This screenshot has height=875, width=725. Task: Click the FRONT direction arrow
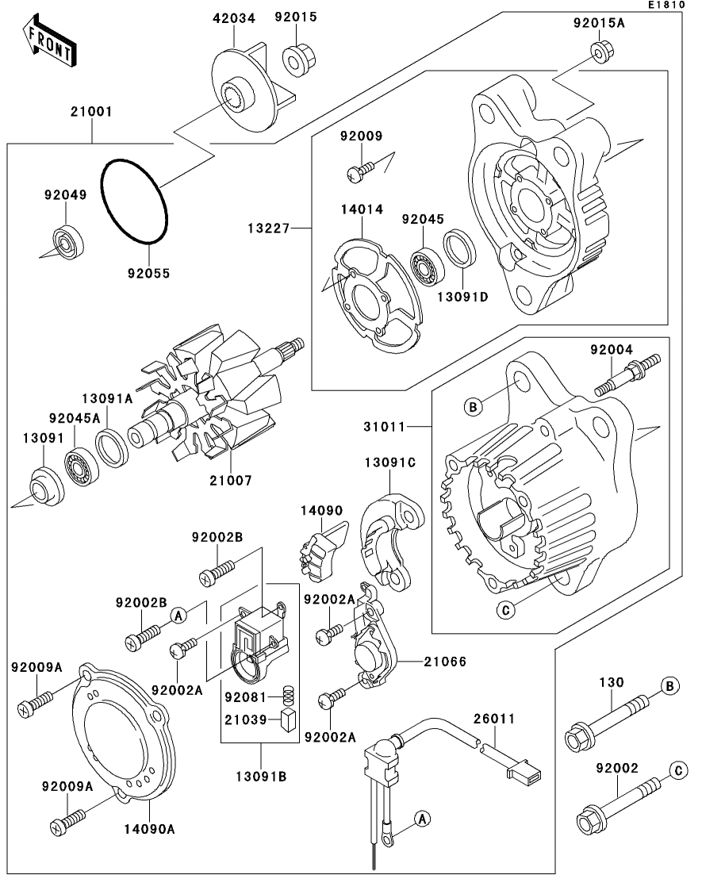[x=50, y=41]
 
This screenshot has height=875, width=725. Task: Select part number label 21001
[x=91, y=112]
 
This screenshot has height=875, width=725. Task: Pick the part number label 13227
[x=269, y=228]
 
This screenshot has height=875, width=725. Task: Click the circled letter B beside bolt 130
[x=669, y=685]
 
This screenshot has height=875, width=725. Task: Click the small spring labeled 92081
[x=288, y=695]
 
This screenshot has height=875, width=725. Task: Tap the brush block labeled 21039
[x=289, y=720]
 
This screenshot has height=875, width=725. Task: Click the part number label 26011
[x=494, y=719]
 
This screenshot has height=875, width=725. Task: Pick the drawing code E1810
[x=666, y=5]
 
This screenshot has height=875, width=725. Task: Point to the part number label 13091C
[x=390, y=462]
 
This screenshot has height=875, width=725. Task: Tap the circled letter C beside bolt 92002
[x=678, y=770]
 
